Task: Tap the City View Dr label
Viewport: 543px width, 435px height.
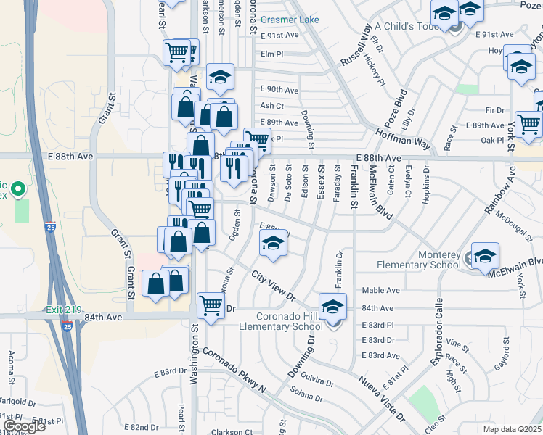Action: [273, 286]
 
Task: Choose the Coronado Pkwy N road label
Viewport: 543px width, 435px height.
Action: [234, 369]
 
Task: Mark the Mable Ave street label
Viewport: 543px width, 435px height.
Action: [381, 291]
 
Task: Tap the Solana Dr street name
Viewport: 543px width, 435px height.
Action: [306, 397]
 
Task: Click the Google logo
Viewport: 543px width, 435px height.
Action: [24, 426]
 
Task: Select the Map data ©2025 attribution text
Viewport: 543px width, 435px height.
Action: [512, 429]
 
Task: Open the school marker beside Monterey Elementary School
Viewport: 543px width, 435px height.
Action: [485, 255]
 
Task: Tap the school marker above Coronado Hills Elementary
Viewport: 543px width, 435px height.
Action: [333, 306]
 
